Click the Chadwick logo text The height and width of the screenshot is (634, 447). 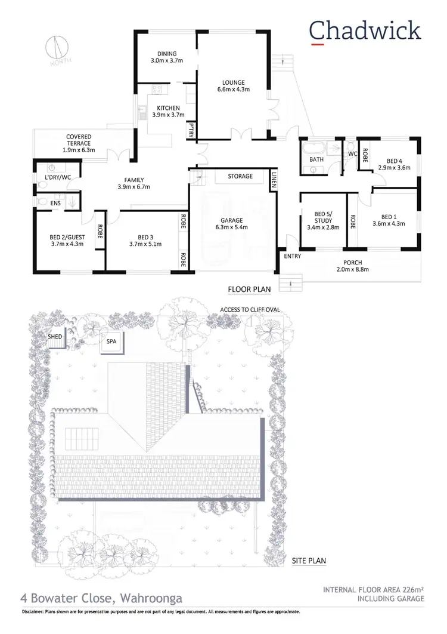[365, 30]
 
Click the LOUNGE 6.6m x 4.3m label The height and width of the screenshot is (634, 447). [234, 86]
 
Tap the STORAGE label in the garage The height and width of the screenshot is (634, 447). [241, 176]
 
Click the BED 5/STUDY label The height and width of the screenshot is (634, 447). [322, 220]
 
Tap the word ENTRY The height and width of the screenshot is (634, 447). [293, 257]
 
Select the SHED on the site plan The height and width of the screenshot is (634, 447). [55, 337]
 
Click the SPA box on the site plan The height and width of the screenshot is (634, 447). [111, 341]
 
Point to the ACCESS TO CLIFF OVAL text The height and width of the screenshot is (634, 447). [250, 309]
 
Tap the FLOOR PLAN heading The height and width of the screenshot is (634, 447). [249, 290]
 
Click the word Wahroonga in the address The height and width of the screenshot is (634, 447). [151, 598]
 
